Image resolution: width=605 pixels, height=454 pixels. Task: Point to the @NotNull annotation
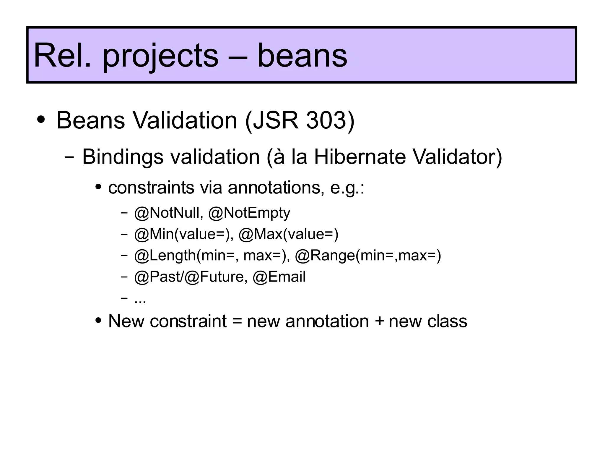pos(168,213)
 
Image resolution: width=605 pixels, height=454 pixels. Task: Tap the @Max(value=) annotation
pos(288,234)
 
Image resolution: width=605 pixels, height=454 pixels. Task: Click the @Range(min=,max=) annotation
pos(368,256)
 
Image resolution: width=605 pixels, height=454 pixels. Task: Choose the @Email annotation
pos(279,277)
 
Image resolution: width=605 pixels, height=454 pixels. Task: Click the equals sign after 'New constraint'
pos(237,321)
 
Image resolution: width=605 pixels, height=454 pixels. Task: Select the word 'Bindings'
pos(122,157)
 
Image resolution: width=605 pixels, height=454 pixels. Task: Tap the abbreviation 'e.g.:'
pos(347,188)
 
